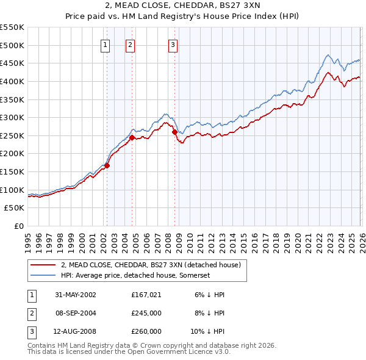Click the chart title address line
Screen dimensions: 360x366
[183, 5]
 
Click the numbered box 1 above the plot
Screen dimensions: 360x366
[106, 44]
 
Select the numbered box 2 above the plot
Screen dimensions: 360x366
[131, 44]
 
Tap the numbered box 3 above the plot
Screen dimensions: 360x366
[173, 44]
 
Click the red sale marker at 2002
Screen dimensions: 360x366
[107, 165]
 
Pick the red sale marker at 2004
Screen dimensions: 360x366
[132, 137]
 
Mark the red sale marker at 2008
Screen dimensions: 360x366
[174, 132]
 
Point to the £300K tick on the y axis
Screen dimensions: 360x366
[12, 117]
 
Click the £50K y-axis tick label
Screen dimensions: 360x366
[14, 208]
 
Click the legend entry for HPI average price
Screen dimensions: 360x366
[135, 275]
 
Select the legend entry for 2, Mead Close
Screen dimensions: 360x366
[151, 265]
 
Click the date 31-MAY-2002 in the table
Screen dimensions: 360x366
[76, 294]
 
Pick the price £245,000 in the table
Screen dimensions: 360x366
[146, 313]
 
